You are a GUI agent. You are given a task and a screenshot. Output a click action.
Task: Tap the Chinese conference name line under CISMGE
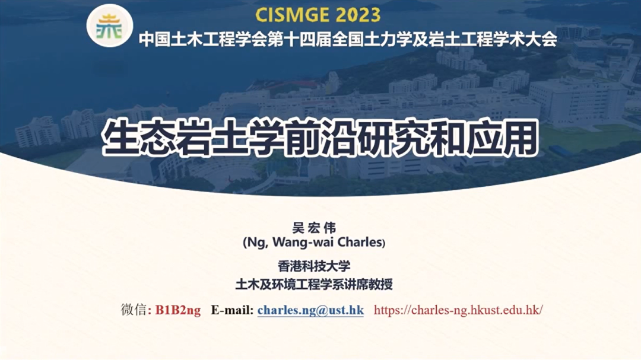(348, 40)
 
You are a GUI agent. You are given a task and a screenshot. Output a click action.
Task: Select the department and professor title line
(314, 284)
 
